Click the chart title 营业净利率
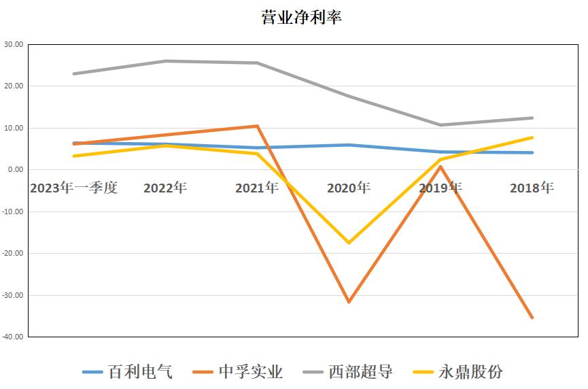pyautogui.click(x=301, y=18)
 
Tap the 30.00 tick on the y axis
pyautogui.click(x=14, y=44)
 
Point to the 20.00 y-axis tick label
pyautogui.click(x=14, y=86)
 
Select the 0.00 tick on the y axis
pyautogui.click(x=15, y=170)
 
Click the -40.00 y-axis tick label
pyautogui.click(x=13, y=337)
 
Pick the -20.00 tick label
pyautogui.click(x=13, y=253)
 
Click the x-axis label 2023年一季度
pyautogui.click(x=73, y=188)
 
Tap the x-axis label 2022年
pyautogui.click(x=165, y=188)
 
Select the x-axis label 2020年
pyautogui.click(x=349, y=188)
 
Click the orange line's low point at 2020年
pyautogui.click(x=349, y=301)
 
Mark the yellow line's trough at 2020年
pyautogui.click(x=349, y=243)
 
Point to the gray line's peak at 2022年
pyautogui.click(x=165, y=61)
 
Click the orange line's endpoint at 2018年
pyautogui.click(x=532, y=318)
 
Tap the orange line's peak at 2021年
pyautogui.click(x=257, y=126)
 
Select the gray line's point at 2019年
pyautogui.click(x=440, y=125)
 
